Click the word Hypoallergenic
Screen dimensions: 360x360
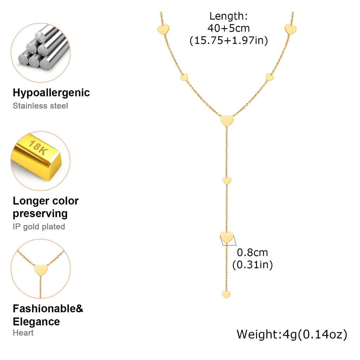(51, 93)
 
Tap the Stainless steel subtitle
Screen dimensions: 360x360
(40, 106)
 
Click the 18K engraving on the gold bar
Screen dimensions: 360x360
(38, 147)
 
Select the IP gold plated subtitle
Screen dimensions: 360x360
(39, 227)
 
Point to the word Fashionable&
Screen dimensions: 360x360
(48, 309)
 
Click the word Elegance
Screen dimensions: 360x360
(36, 321)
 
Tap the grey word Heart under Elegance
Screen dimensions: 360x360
(23, 333)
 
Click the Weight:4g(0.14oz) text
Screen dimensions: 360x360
(292, 334)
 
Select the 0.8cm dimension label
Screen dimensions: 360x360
(252, 252)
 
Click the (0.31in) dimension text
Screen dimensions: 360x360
(252, 265)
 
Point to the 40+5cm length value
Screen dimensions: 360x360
(229, 28)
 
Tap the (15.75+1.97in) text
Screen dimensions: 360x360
(229, 40)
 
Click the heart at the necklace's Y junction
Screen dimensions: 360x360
(227, 121)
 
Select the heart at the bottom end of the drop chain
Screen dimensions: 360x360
(226, 294)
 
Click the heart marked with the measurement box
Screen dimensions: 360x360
(227, 237)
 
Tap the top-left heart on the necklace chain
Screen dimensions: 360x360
(163, 30)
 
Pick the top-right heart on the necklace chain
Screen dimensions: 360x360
(290, 30)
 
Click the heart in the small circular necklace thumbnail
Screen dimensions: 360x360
(41, 270)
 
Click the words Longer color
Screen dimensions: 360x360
(46, 201)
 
